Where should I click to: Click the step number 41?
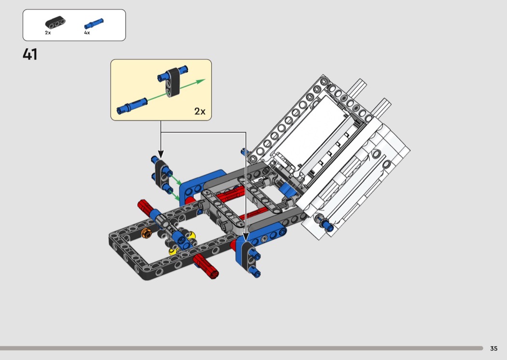pyautogui.click(x=30, y=54)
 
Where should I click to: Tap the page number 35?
pyautogui.click(x=494, y=348)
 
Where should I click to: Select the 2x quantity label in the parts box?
pyautogui.click(x=48, y=33)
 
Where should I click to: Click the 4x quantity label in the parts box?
pyautogui.click(x=87, y=33)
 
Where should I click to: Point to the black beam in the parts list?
pyautogui.click(x=55, y=22)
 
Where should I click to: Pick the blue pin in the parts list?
pyautogui.click(x=94, y=24)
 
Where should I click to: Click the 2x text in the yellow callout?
pyautogui.click(x=200, y=111)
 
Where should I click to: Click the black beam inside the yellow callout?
pyautogui.click(x=172, y=83)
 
